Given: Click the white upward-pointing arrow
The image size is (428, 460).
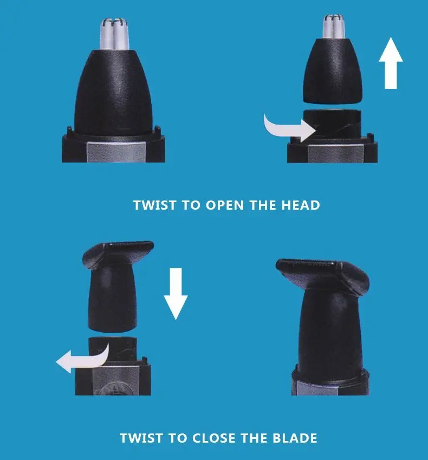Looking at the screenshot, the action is click(391, 63).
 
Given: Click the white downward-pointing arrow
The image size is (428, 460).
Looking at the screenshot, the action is click(176, 293).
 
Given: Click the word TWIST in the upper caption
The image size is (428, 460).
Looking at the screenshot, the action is click(155, 205).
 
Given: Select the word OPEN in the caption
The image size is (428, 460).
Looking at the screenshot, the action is click(225, 205).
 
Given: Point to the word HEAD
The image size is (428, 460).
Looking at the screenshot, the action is click(301, 205).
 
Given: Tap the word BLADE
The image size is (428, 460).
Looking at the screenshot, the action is click(295, 438).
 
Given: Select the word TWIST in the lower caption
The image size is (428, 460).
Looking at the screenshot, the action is click(141, 438).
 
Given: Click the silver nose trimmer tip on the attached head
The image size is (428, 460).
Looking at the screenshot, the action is click(114, 34).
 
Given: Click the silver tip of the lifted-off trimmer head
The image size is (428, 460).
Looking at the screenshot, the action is click(334, 27).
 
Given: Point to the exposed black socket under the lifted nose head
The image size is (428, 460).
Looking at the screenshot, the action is click(332, 122).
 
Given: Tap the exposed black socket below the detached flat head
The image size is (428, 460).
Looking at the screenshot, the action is click(113, 349).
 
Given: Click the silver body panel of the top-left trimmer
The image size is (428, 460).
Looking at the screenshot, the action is click(116, 152).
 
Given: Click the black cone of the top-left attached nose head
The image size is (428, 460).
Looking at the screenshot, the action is click(114, 94).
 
